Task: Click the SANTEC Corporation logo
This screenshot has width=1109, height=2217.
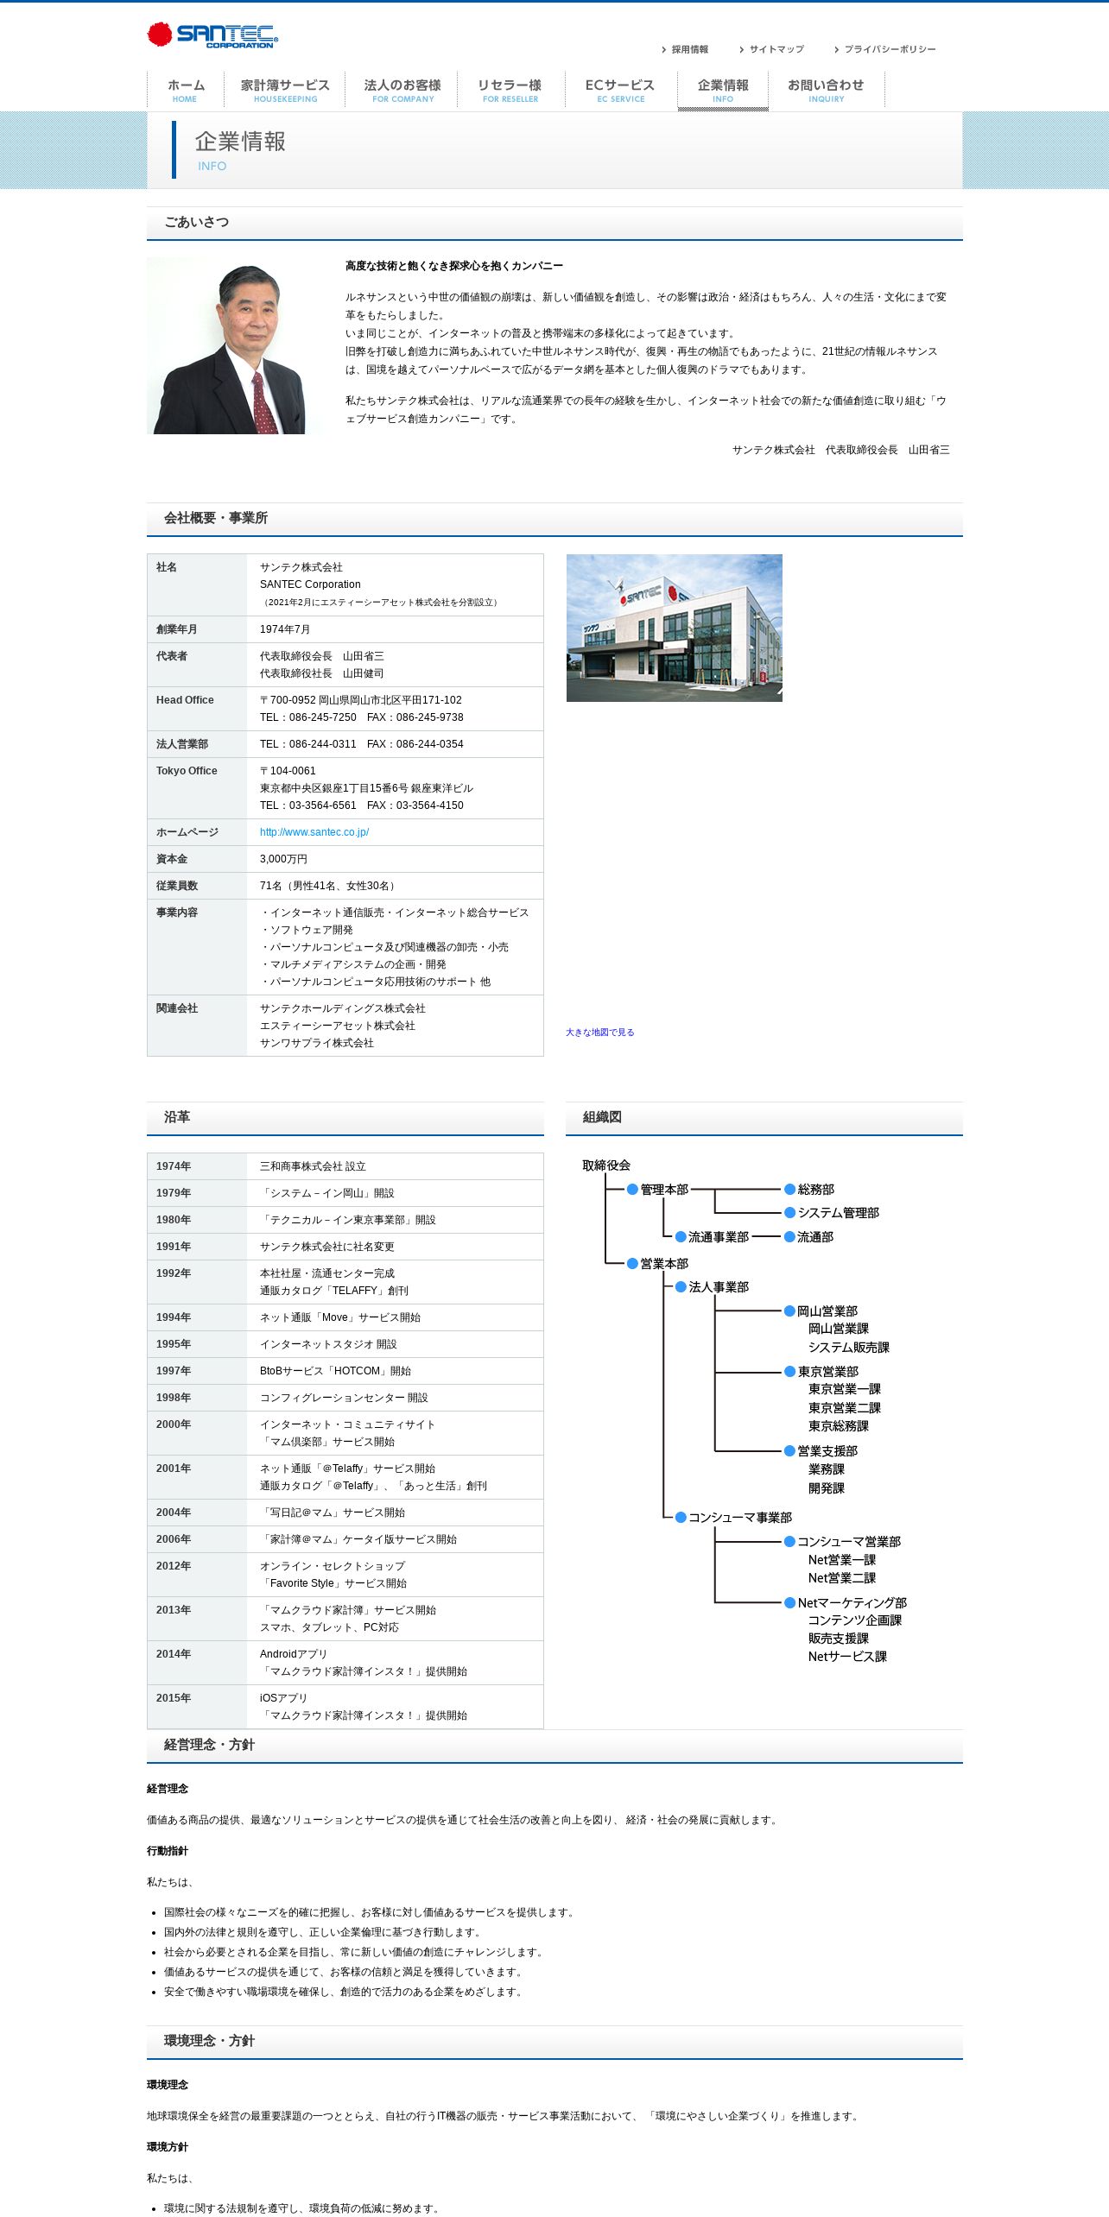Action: click(212, 35)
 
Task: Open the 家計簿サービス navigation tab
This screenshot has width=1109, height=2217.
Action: click(285, 90)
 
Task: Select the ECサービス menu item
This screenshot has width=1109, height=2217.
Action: click(620, 90)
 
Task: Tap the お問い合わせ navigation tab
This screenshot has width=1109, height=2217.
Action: click(826, 90)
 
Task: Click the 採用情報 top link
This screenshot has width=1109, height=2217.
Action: click(689, 50)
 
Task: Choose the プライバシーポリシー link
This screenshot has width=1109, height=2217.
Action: click(890, 50)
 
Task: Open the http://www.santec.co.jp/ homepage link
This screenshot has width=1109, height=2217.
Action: click(314, 832)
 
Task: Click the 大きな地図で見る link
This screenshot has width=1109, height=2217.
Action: click(599, 1033)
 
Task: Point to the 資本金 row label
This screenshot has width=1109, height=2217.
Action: click(172, 859)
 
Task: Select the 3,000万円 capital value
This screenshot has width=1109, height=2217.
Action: click(283, 859)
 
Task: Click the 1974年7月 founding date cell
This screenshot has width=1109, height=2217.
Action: click(285, 629)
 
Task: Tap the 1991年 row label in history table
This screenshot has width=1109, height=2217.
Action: click(174, 1247)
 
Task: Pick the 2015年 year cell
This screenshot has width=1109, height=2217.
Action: click(174, 1698)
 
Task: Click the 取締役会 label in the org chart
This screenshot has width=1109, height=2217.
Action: click(606, 1165)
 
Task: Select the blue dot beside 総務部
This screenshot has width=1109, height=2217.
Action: click(789, 1190)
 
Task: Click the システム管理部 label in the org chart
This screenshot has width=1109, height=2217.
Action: click(838, 1213)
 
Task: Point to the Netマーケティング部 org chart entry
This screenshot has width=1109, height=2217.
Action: click(852, 1603)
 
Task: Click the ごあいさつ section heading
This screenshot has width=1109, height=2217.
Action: click(197, 223)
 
